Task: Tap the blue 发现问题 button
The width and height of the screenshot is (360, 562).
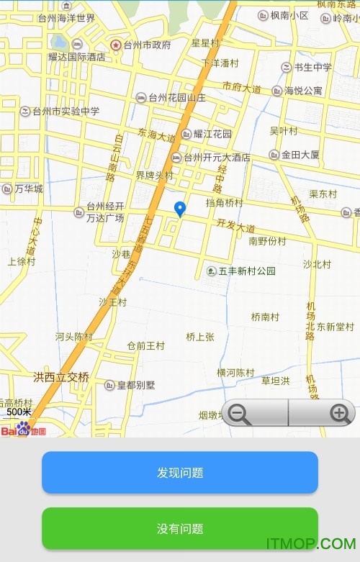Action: point(180,473)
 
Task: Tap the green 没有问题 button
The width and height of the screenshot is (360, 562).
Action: point(180,529)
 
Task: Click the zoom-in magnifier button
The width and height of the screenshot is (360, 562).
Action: point(339,414)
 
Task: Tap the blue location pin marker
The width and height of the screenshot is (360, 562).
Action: point(180,209)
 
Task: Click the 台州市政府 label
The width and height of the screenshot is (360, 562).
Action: point(147,45)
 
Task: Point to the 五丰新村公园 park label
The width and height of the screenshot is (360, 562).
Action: point(246,271)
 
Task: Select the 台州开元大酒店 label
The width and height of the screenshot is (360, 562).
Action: point(216,158)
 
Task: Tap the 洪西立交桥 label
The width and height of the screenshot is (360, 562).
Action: point(61,377)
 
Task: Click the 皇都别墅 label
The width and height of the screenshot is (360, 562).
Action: point(136,385)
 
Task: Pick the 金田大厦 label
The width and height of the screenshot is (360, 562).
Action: point(300,155)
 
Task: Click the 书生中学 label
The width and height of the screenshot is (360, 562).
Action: point(312,68)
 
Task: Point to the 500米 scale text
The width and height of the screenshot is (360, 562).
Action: point(19,412)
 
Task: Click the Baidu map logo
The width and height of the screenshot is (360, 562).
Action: point(23,430)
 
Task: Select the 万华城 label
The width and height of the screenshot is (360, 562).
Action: point(29,189)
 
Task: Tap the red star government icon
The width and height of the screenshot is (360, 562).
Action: point(115,45)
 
